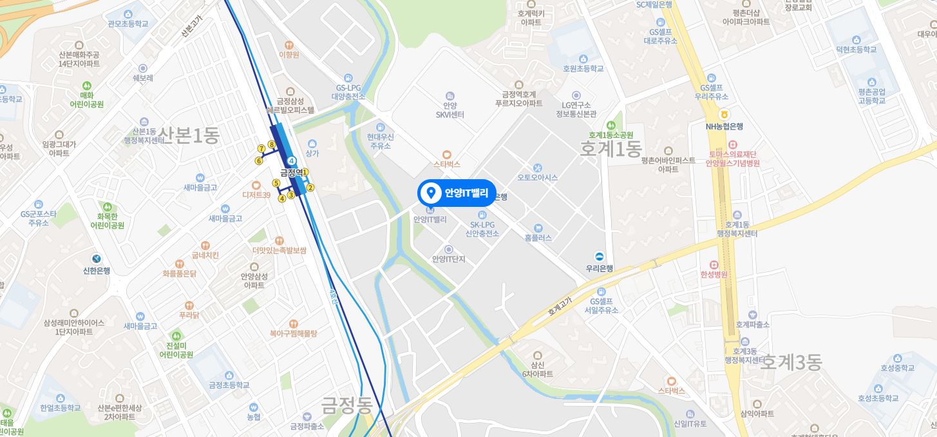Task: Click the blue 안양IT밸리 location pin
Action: pyautogui.click(x=430, y=193)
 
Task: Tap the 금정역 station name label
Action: pyautogui.click(x=291, y=173)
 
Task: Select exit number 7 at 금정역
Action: pyautogui.click(x=261, y=149)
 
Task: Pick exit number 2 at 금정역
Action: pyautogui.click(x=310, y=188)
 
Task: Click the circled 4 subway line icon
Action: pyautogui.click(x=292, y=160)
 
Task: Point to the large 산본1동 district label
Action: pyautogui.click(x=189, y=135)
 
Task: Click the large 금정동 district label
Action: pyautogui.click(x=347, y=405)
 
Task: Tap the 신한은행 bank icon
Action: pyautogui.click(x=96, y=259)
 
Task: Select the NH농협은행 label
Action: pyautogui.click(x=724, y=126)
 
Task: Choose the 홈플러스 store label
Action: pyautogui.click(x=538, y=237)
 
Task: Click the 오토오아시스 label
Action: pyautogui.click(x=537, y=177)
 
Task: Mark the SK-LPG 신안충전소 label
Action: pyautogui.click(x=481, y=229)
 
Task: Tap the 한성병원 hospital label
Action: pyautogui.click(x=714, y=274)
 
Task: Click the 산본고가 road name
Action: pyautogui.click(x=191, y=26)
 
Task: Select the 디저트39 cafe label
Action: pyautogui.click(x=256, y=194)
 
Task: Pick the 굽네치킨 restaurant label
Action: pyautogui.click(x=205, y=255)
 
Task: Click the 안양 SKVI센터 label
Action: pyautogui.click(x=450, y=110)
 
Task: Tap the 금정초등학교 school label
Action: pyautogui.click(x=229, y=385)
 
